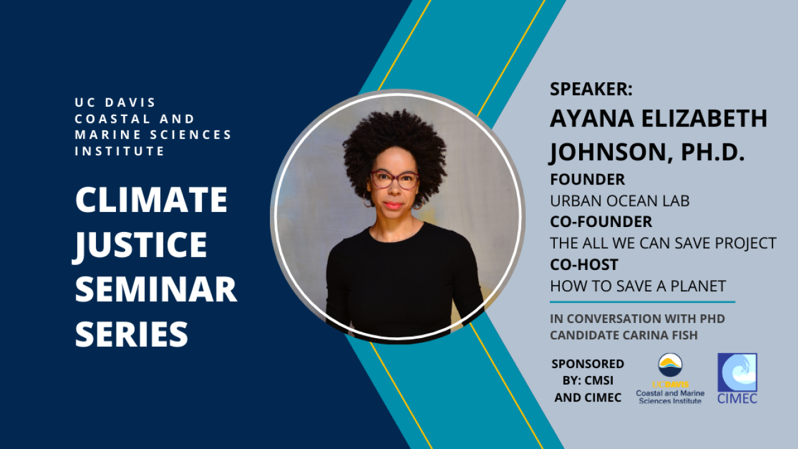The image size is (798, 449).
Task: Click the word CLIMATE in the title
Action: [x=151, y=200]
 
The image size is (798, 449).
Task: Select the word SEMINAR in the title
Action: [x=156, y=289]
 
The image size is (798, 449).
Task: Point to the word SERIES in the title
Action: [x=132, y=334]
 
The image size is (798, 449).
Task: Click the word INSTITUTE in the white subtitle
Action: [x=119, y=151]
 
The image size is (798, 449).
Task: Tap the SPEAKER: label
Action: [x=591, y=89]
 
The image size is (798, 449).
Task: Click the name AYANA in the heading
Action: [x=592, y=118]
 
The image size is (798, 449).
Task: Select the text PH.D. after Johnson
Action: [x=713, y=152]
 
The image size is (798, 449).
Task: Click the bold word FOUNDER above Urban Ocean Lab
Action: [x=587, y=179]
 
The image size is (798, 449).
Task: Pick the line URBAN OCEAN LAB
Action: [x=620, y=201]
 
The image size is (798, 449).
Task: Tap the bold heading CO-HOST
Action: [x=584, y=264]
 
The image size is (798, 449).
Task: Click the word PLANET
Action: [x=698, y=286]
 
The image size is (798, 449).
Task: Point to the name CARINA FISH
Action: [x=660, y=336]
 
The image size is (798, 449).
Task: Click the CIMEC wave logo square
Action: [x=737, y=372]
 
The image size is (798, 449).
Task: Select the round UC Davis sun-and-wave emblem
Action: [x=670, y=365]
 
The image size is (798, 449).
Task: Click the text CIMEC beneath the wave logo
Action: [x=737, y=398]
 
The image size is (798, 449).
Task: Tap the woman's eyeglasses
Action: [x=395, y=180]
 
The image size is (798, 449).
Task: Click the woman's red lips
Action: [x=393, y=206]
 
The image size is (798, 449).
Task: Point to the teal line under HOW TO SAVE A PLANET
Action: [x=642, y=302]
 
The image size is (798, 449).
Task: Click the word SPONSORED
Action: [x=588, y=364]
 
